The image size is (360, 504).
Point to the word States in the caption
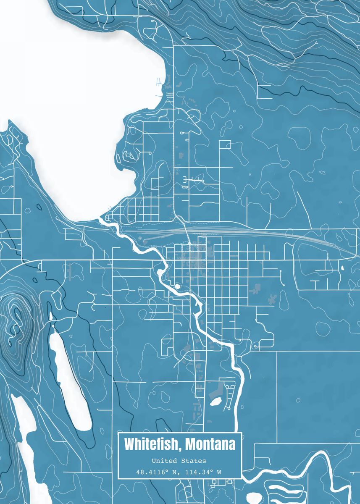click(196, 461)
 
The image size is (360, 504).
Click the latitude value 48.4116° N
click(158, 472)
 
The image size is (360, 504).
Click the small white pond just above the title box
click(216, 402)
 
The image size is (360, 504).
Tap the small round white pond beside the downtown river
click(177, 286)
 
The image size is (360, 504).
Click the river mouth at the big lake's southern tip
click(101, 218)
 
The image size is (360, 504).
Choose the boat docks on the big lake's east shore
click(159, 82)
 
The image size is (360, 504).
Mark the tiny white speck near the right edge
click(342, 268)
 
